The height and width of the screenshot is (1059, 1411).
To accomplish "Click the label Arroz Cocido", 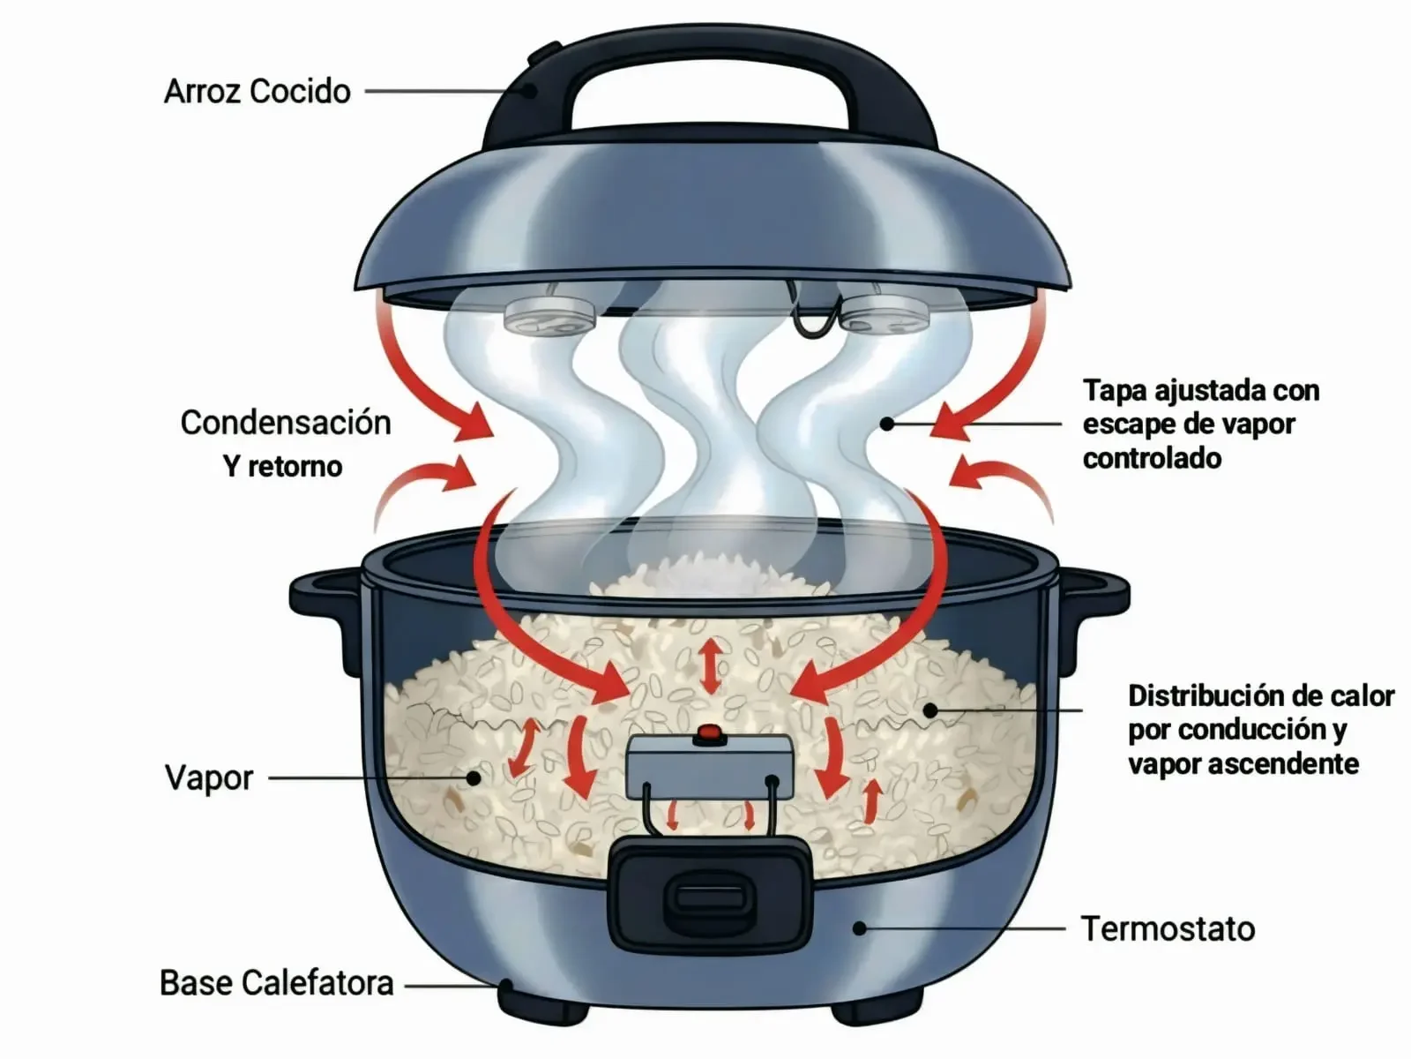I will click(257, 91).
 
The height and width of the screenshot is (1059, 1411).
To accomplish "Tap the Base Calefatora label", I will click(276, 982).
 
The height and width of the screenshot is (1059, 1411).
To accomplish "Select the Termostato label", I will click(1168, 928).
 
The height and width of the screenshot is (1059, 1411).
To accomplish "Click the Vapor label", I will click(209, 777).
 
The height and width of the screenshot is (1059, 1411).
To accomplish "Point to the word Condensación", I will click(286, 422).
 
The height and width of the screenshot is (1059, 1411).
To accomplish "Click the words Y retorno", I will click(282, 465).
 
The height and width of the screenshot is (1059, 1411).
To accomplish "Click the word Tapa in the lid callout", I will click(1112, 390).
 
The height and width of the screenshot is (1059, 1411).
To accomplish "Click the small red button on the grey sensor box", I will click(708, 732).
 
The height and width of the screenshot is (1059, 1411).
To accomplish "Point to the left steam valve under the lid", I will click(549, 316).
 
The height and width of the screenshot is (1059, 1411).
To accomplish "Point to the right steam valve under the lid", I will click(882, 314).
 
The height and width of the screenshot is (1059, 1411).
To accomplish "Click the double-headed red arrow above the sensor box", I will click(711, 666).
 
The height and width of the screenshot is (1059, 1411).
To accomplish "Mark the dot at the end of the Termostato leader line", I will click(860, 928).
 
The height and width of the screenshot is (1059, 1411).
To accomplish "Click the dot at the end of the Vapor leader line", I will click(474, 777).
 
